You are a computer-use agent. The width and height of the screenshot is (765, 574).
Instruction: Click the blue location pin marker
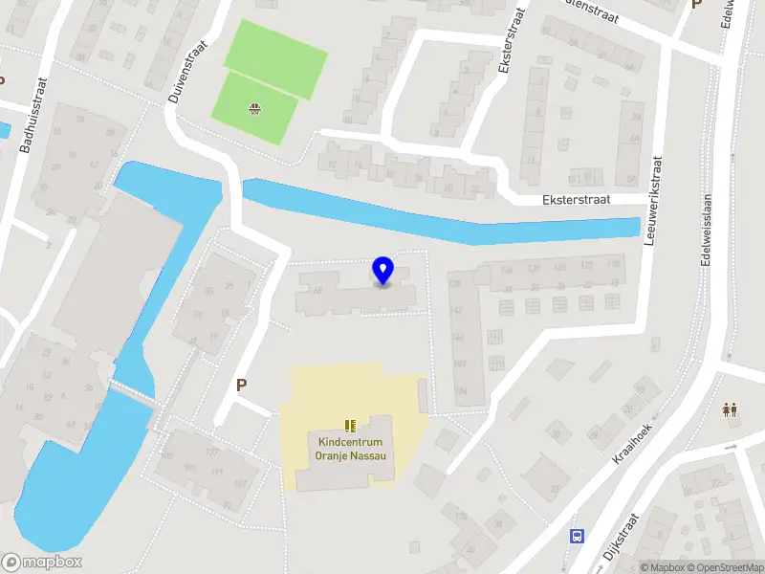coord(383,271)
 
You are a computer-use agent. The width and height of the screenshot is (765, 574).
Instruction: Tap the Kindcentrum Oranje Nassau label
coord(350,449)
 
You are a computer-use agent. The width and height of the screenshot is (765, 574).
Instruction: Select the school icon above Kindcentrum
coord(350,426)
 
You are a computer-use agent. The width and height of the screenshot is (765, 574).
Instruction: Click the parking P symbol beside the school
coord(242,385)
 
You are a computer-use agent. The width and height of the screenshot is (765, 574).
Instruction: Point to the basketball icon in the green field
coord(254,108)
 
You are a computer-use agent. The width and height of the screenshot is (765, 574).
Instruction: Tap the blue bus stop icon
coord(577,536)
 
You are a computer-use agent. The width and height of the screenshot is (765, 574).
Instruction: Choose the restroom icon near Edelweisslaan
coord(731,409)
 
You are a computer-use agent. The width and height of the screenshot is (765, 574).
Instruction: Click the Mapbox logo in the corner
coord(42,563)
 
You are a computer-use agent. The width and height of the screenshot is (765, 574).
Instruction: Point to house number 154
coord(461,390)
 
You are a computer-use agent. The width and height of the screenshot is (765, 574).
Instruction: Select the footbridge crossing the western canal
coord(131,389)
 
